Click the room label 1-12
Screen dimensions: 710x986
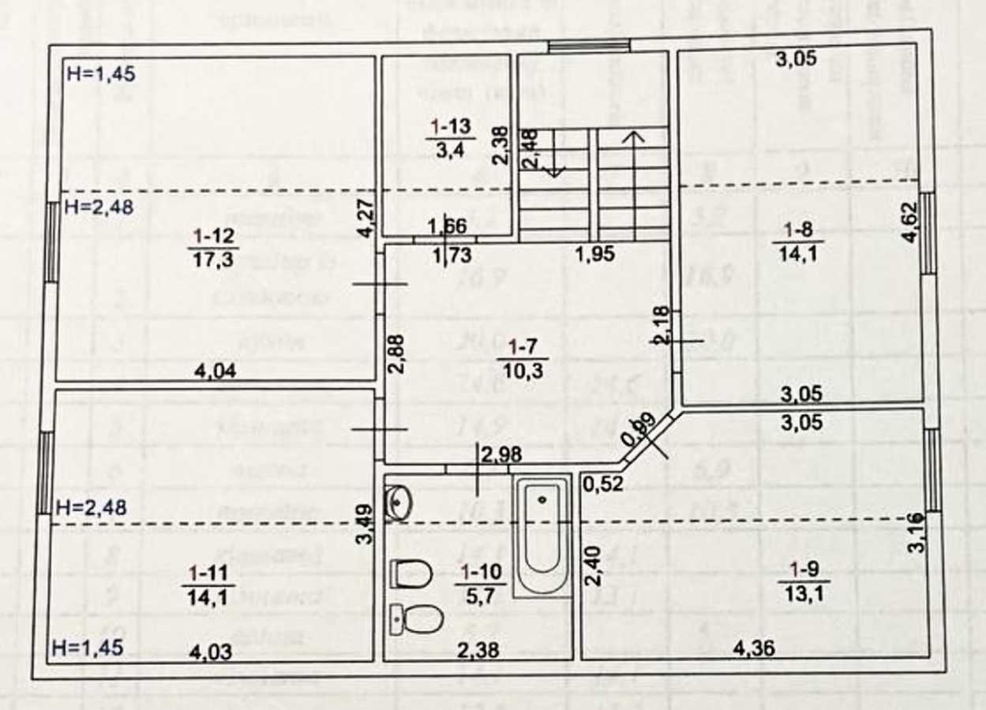[x=214, y=235]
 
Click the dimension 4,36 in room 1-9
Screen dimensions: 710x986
[x=754, y=648]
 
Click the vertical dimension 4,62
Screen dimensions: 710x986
[x=912, y=224]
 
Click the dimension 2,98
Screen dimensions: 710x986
[x=501, y=454]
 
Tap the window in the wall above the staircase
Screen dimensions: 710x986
[x=589, y=46]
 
